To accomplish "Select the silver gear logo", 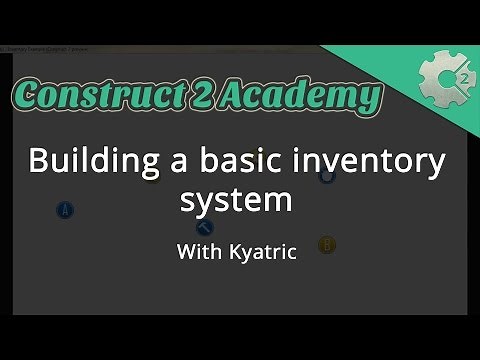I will (441, 77).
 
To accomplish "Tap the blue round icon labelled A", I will (66, 210).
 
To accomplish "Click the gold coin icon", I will (326, 245).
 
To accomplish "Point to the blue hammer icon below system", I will (204, 228).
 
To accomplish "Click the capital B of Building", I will (40, 161).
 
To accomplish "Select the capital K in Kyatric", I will (238, 252).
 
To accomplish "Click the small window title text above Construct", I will (45, 48).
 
